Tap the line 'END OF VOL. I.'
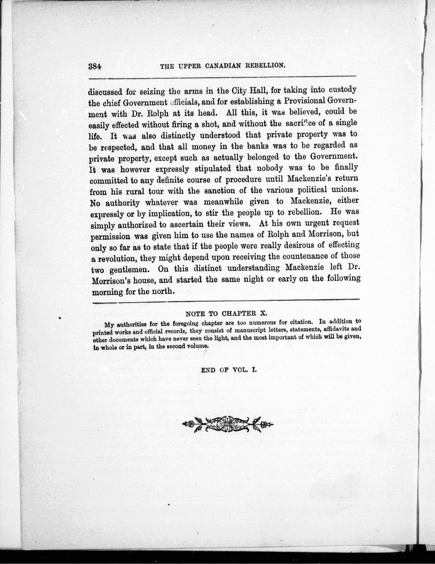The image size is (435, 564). (228, 370)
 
